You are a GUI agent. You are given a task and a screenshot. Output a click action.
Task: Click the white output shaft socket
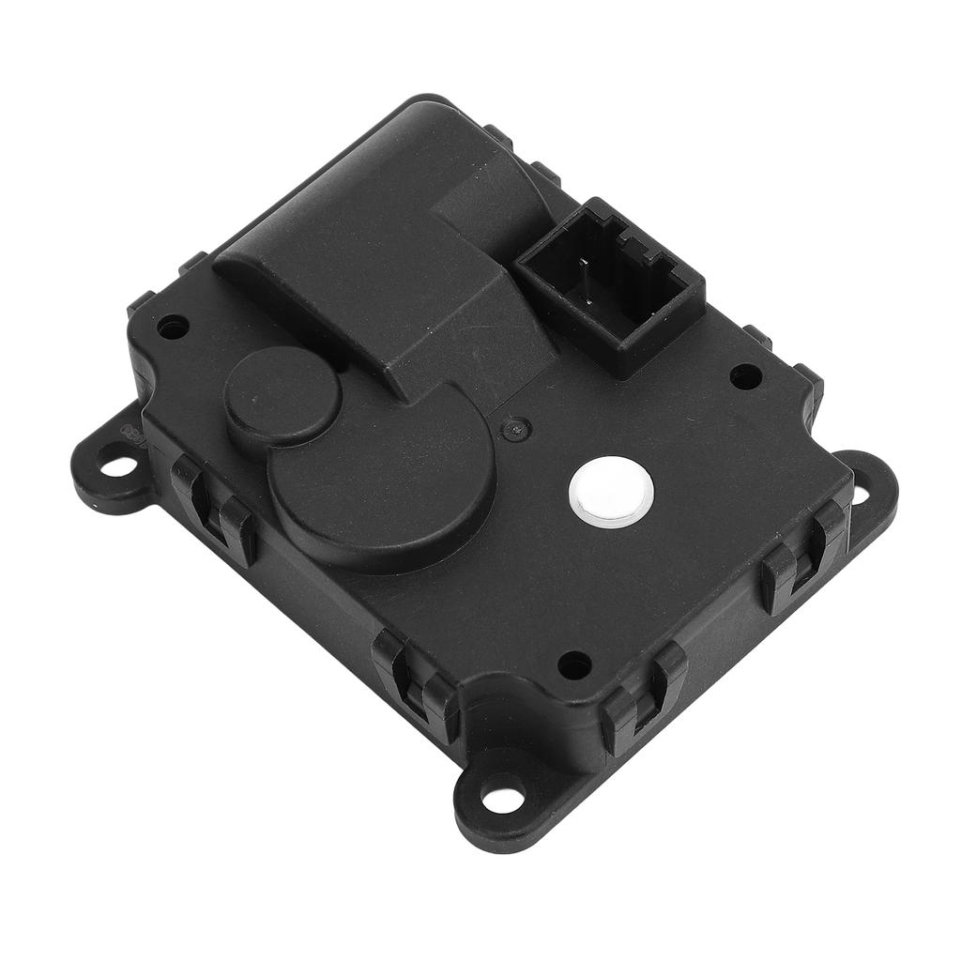611,492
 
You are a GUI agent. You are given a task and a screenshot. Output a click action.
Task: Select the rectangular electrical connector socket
609,282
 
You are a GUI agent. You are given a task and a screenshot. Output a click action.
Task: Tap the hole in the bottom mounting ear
503,800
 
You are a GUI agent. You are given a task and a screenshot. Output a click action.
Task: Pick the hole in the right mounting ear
861,494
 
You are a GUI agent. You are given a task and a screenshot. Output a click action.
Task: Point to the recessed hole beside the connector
745,376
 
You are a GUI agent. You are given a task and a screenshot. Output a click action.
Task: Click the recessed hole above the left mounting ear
173,328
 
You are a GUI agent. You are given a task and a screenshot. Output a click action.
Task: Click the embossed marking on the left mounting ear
128,433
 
